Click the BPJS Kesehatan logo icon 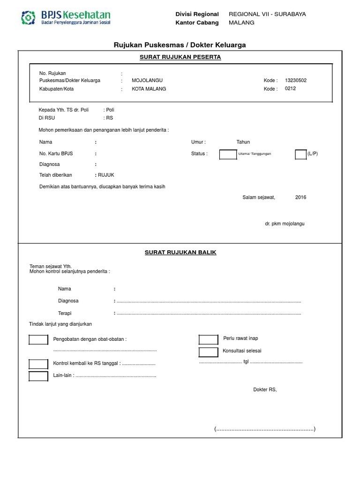[29, 18]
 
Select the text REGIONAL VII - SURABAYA [267, 14]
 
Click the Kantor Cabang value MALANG [241, 22]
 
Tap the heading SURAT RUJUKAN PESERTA [180, 57]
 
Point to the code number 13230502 [296, 80]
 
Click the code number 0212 [290, 89]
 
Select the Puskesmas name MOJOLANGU [147, 81]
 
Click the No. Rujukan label [52, 73]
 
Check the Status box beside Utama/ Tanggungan [228, 154]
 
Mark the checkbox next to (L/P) [300, 154]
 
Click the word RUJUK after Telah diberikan [106, 175]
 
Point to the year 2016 [300, 197]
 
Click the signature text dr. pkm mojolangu [285, 224]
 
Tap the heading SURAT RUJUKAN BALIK [180, 252]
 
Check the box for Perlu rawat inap [209, 339]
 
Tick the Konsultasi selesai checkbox [209, 352]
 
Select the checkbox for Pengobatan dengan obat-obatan [38, 340]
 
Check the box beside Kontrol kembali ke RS [38, 364]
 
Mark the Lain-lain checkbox [38, 375]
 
